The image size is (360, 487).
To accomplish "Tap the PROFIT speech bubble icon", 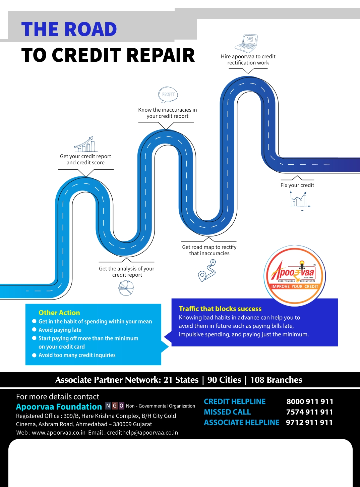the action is click(x=168, y=95).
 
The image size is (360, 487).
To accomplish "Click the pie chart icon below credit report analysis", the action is click(x=126, y=288).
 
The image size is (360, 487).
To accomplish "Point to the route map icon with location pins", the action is click(x=207, y=270).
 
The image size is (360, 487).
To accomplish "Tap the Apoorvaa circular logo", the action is click(x=295, y=276).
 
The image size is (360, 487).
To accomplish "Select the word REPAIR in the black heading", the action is click(x=161, y=55).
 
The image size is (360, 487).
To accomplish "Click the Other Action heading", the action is click(x=59, y=313).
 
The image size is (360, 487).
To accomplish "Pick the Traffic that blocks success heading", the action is click(x=220, y=309).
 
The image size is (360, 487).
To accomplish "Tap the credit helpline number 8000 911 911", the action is click(x=310, y=401).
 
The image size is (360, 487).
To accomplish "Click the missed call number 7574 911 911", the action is click(x=309, y=412).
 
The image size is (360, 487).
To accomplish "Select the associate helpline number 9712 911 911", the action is click(x=309, y=423).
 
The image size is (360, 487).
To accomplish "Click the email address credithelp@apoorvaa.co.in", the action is click(x=142, y=433).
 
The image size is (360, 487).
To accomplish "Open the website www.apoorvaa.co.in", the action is click(x=59, y=433).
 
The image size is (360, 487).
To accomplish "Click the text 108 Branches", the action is click(x=276, y=380).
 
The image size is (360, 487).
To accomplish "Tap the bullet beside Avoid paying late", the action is click(x=34, y=330).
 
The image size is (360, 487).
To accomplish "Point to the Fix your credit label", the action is click(x=297, y=185).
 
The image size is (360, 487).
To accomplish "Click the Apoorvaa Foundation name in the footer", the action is click(x=59, y=407).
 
